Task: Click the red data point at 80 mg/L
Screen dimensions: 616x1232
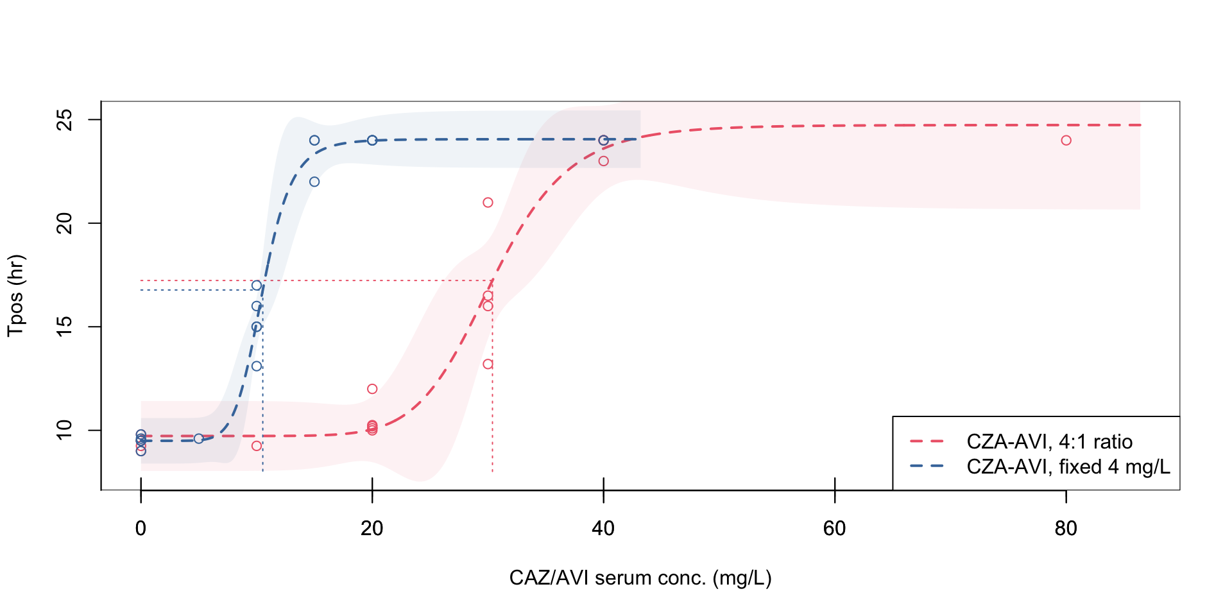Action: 1066,141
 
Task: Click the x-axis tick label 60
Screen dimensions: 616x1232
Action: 834,529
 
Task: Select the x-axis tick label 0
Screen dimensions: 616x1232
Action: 141,529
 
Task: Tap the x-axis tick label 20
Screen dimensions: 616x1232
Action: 372,529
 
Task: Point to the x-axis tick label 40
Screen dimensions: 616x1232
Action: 603,529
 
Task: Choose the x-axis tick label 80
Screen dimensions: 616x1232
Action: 1066,529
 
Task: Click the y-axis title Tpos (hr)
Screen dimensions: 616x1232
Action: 16,296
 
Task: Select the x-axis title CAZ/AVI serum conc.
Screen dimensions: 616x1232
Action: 640,578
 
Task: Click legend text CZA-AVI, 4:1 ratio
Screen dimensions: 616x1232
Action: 1049,442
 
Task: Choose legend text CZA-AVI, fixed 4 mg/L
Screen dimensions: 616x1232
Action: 1068,466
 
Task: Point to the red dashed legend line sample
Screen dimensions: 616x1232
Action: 927,441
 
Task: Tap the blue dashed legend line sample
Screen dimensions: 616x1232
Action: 927,466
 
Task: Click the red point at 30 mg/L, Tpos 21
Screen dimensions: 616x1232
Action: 488,203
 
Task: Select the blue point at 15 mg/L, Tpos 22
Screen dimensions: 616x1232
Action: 314,182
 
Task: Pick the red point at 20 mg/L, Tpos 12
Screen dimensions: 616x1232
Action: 372,389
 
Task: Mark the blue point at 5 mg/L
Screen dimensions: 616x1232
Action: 199,439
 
